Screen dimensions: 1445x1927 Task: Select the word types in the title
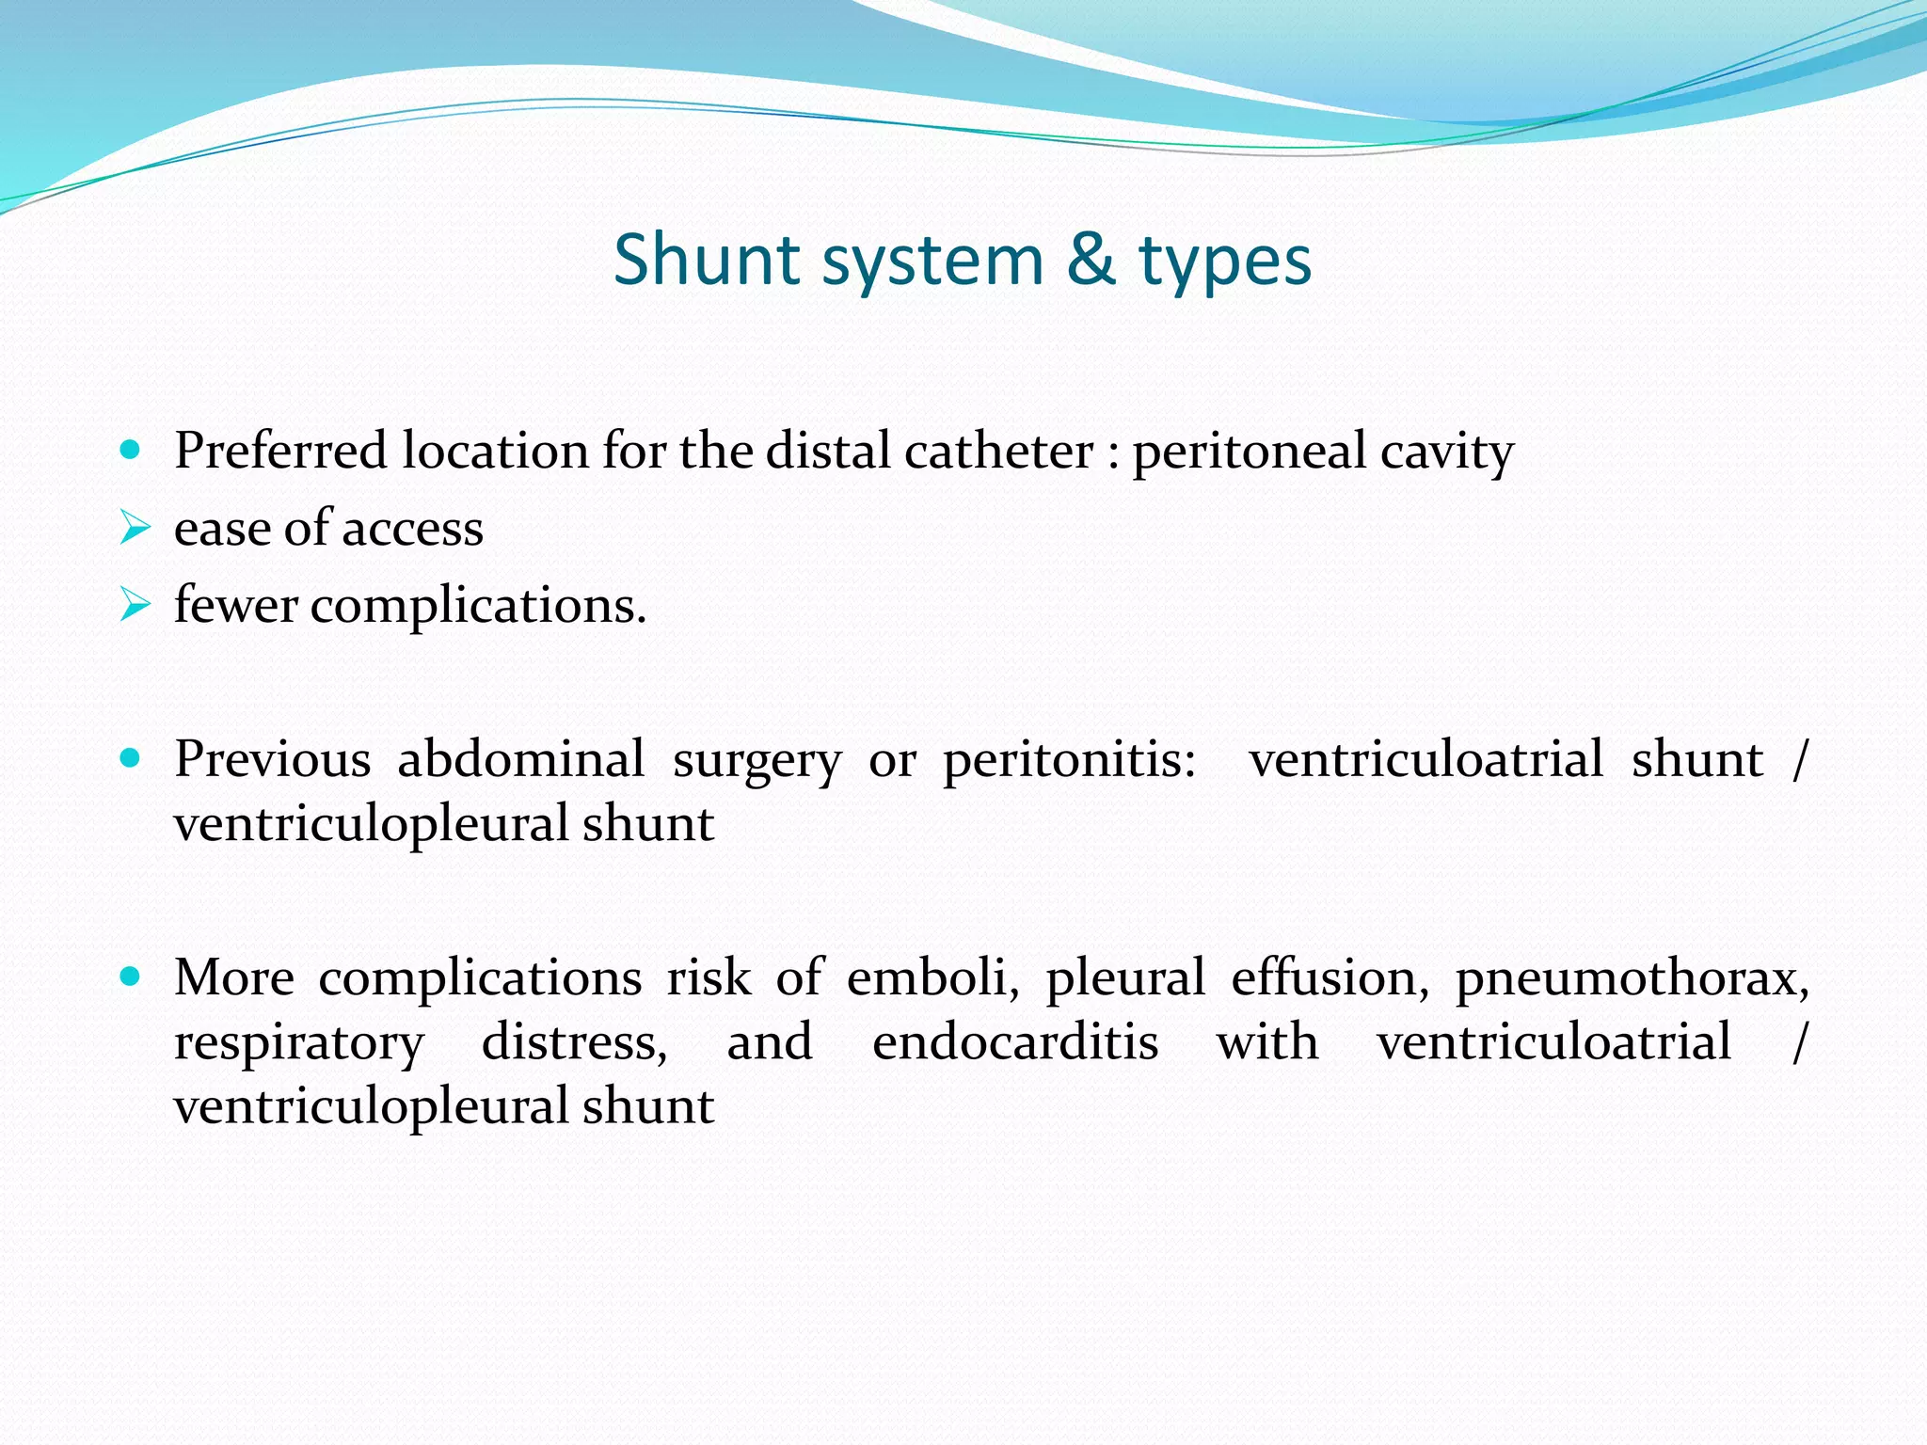[1225, 262]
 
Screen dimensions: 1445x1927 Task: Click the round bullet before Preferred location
[131, 451]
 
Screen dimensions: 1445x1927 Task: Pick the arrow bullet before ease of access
[135, 528]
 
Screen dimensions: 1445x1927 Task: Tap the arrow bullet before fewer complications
[135, 605]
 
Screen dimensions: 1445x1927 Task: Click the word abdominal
[520, 758]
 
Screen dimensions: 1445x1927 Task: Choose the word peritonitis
[1069, 760]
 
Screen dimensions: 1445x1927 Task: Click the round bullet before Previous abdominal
[131, 758]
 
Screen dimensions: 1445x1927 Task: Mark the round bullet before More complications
[131, 977]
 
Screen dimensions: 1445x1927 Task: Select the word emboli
[932, 977]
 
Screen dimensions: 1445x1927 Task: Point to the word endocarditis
[1014, 1041]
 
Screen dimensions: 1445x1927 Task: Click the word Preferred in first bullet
[280, 451]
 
